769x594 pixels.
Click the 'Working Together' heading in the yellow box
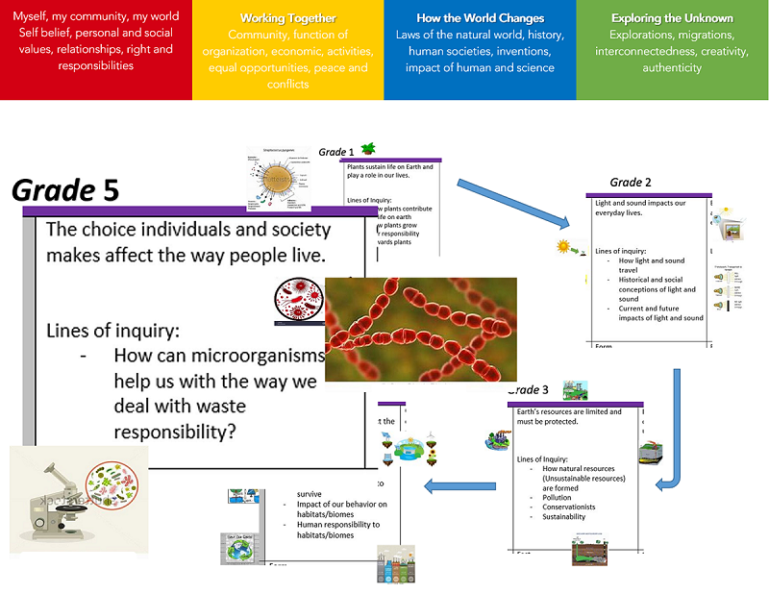tap(288, 18)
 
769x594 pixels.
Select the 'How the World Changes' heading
tap(480, 18)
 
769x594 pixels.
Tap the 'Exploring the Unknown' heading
tap(672, 18)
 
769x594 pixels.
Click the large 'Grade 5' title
tap(65, 190)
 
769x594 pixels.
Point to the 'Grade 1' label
tap(336, 152)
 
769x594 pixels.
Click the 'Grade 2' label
tap(631, 182)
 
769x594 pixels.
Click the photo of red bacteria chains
tap(420, 330)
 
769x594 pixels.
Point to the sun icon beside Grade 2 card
tap(563, 246)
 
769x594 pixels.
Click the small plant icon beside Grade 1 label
tap(367, 148)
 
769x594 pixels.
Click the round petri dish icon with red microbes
tap(295, 301)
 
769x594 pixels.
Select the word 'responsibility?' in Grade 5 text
tap(174, 432)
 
